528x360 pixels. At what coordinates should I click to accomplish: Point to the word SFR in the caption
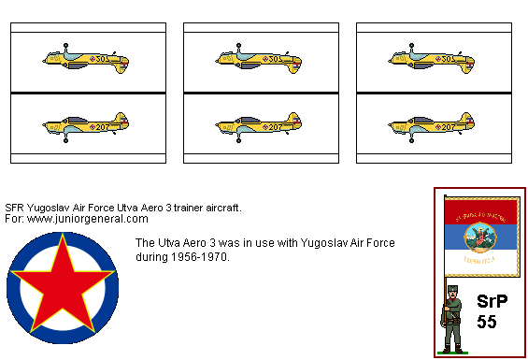click(x=15, y=207)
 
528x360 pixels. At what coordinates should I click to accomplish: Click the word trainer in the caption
click(x=184, y=207)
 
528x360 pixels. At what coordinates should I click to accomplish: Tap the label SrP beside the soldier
click(x=493, y=302)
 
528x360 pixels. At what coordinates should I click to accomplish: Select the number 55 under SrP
click(x=487, y=322)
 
